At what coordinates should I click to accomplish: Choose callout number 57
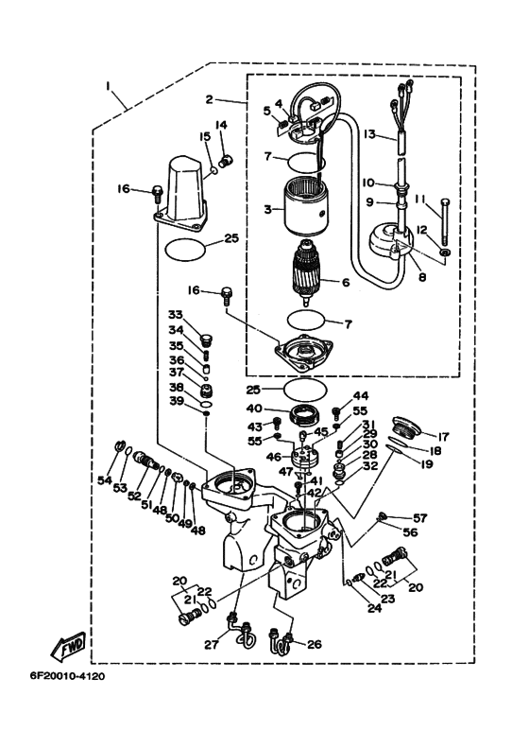[418, 518]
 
